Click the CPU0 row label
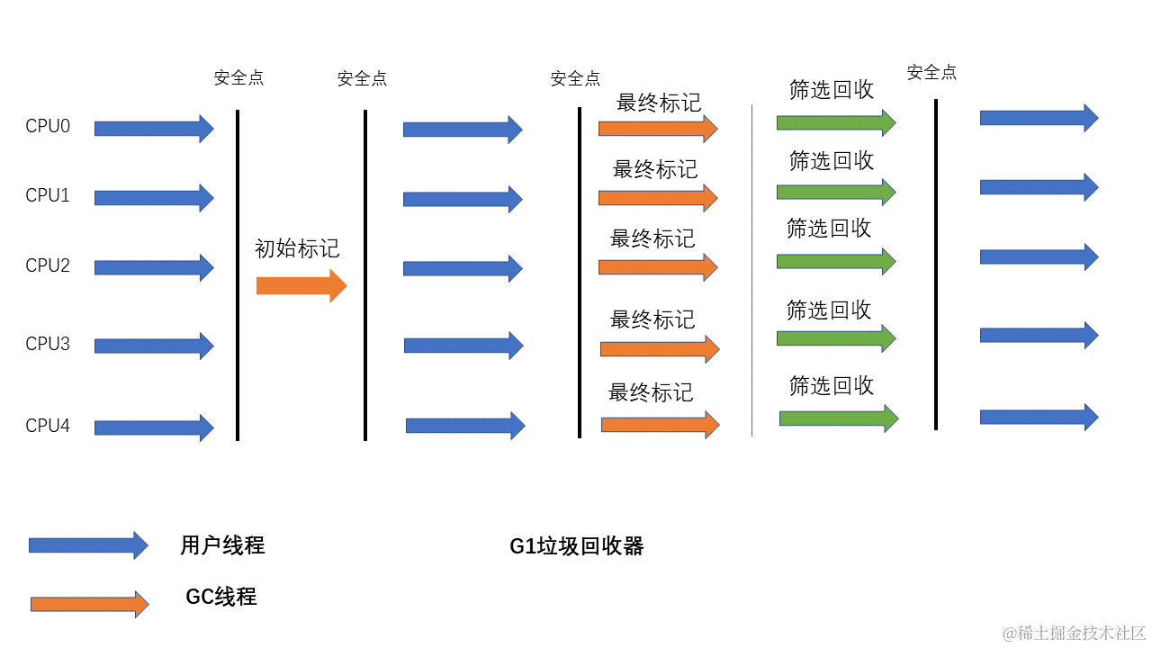pyautogui.click(x=48, y=126)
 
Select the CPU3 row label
pyautogui.click(x=48, y=344)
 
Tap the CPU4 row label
pyautogui.click(x=48, y=426)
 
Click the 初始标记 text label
pyautogui.click(x=297, y=249)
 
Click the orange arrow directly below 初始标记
pyautogui.click(x=301, y=286)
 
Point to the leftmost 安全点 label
pyautogui.click(x=238, y=77)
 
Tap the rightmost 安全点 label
pyautogui.click(x=931, y=72)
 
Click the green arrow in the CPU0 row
pyautogui.click(x=836, y=122)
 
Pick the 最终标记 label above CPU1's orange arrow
pyautogui.click(x=655, y=169)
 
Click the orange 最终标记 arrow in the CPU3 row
pyautogui.click(x=659, y=348)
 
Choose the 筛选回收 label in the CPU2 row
pyautogui.click(x=829, y=229)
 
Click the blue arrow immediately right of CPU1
pyautogui.click(x=154, y=198)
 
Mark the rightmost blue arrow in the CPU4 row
pyautogui.click(x=1039, y=417)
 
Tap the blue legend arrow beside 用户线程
pyautogui.click(x=88, y=544)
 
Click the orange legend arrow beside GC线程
pyautogui.click(x=89, y=604)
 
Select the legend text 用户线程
pyautogui.click(x=222, y=545)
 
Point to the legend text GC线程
pyautogui.click(x=221, y=597)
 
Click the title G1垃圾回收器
pyautogui.click(x=576, y=546)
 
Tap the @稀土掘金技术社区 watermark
pyautogui.click(x=1074, y=633)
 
